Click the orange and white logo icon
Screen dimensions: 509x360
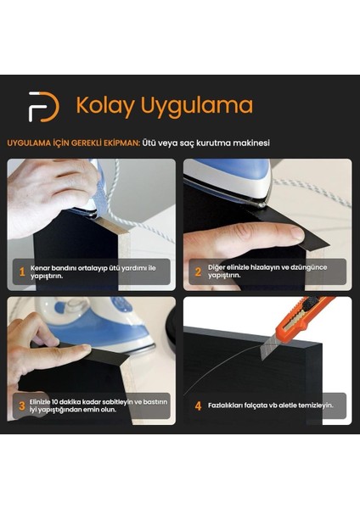pyautogui.click(x=43, y=106)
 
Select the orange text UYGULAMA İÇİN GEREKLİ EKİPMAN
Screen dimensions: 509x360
pyautogui.click(x=74, y=143)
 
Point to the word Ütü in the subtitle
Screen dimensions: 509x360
pyautogui.click(x=154, y=143)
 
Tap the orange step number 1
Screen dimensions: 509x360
pyautogui.click(x=22, y=271)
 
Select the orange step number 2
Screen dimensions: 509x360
pyautogui.click(x=198, y=271)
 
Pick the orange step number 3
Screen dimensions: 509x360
pyautogui.click(x=22, y=405)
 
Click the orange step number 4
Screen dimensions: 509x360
pyautogui.click(x=198, y=406)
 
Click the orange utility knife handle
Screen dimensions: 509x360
pyautogui.click(x=314, y=310)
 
